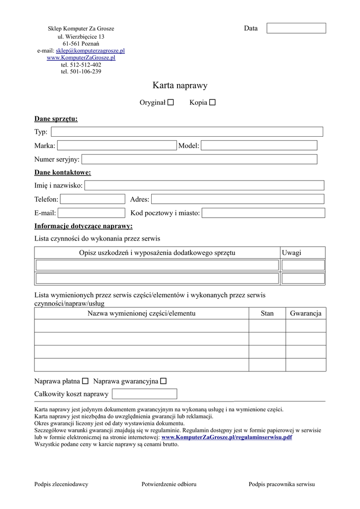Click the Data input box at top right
pos(296,28)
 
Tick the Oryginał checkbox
pos(171,102)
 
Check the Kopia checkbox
pos(212,102)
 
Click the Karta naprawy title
pos(180,85)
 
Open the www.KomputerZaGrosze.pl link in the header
pos(81,58)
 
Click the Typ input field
pos(187,132)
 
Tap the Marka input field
pos(117,145)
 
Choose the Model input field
pos(259,145)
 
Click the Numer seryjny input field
pos(199,159)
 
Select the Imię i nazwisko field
pos(204,185)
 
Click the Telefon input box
pos(92,199)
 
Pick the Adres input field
pos(238,199)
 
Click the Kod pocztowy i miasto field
pos(264,213)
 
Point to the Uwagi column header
pos(291,253)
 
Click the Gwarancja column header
pos(306,313)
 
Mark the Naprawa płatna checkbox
pos(85,381)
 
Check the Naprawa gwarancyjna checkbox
pos(164,381)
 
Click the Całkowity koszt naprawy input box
pos(145,394)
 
